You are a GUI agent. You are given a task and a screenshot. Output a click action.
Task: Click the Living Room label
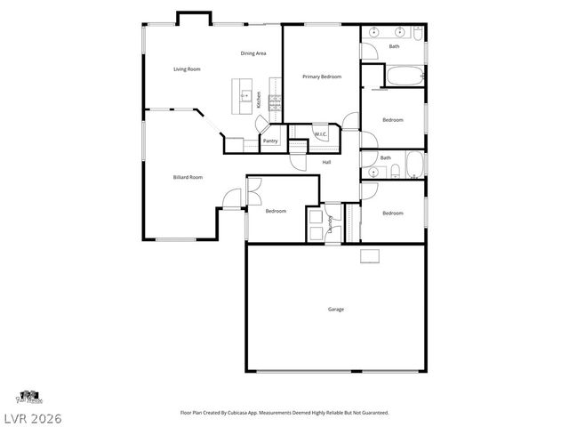pos(186,68)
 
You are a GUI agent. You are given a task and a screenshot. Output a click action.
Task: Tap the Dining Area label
pos(253,53)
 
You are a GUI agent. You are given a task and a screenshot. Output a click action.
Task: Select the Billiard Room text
pos(188,177)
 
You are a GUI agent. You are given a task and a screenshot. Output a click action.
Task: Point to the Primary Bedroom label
pos(321,77)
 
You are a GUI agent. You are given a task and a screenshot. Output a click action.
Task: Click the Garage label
pos(336,309)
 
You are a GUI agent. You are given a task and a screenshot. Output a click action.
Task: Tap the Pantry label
pos(270,141)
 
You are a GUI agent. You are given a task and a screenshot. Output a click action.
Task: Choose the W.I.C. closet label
pos(321,134)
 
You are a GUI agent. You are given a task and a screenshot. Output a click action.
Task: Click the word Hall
pos(326,162)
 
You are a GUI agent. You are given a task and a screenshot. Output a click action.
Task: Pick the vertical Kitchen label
pos(259,100)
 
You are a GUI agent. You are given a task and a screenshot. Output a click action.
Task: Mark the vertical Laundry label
pos(330,223)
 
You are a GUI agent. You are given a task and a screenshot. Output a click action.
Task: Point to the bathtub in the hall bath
pos(414,165)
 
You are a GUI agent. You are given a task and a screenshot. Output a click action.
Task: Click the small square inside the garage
pos(370,256)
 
